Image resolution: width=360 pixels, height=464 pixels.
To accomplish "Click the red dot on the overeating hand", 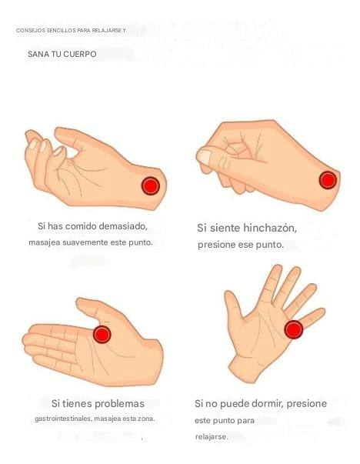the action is (x=151, y=186).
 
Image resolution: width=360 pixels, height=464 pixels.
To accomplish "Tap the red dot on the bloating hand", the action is (x=328, y=180).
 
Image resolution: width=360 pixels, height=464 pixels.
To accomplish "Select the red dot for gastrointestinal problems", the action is (x=102, y=335).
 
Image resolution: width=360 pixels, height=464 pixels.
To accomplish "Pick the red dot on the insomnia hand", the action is (x=294, y=329).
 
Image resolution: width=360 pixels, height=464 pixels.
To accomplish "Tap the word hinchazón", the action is (x=270, y=228).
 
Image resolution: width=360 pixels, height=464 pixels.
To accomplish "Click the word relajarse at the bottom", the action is (x=212, y=437).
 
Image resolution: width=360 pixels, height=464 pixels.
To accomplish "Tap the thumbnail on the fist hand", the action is (x=205, y=156).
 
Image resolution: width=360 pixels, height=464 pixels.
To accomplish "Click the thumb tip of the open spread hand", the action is (x=228, y=295).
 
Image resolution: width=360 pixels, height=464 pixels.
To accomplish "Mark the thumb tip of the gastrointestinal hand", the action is (x=80, y=302).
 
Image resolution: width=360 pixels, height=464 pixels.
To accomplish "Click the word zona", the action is (x=146, y=419).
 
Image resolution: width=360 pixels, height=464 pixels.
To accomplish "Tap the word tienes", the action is (x=77, y=404).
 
